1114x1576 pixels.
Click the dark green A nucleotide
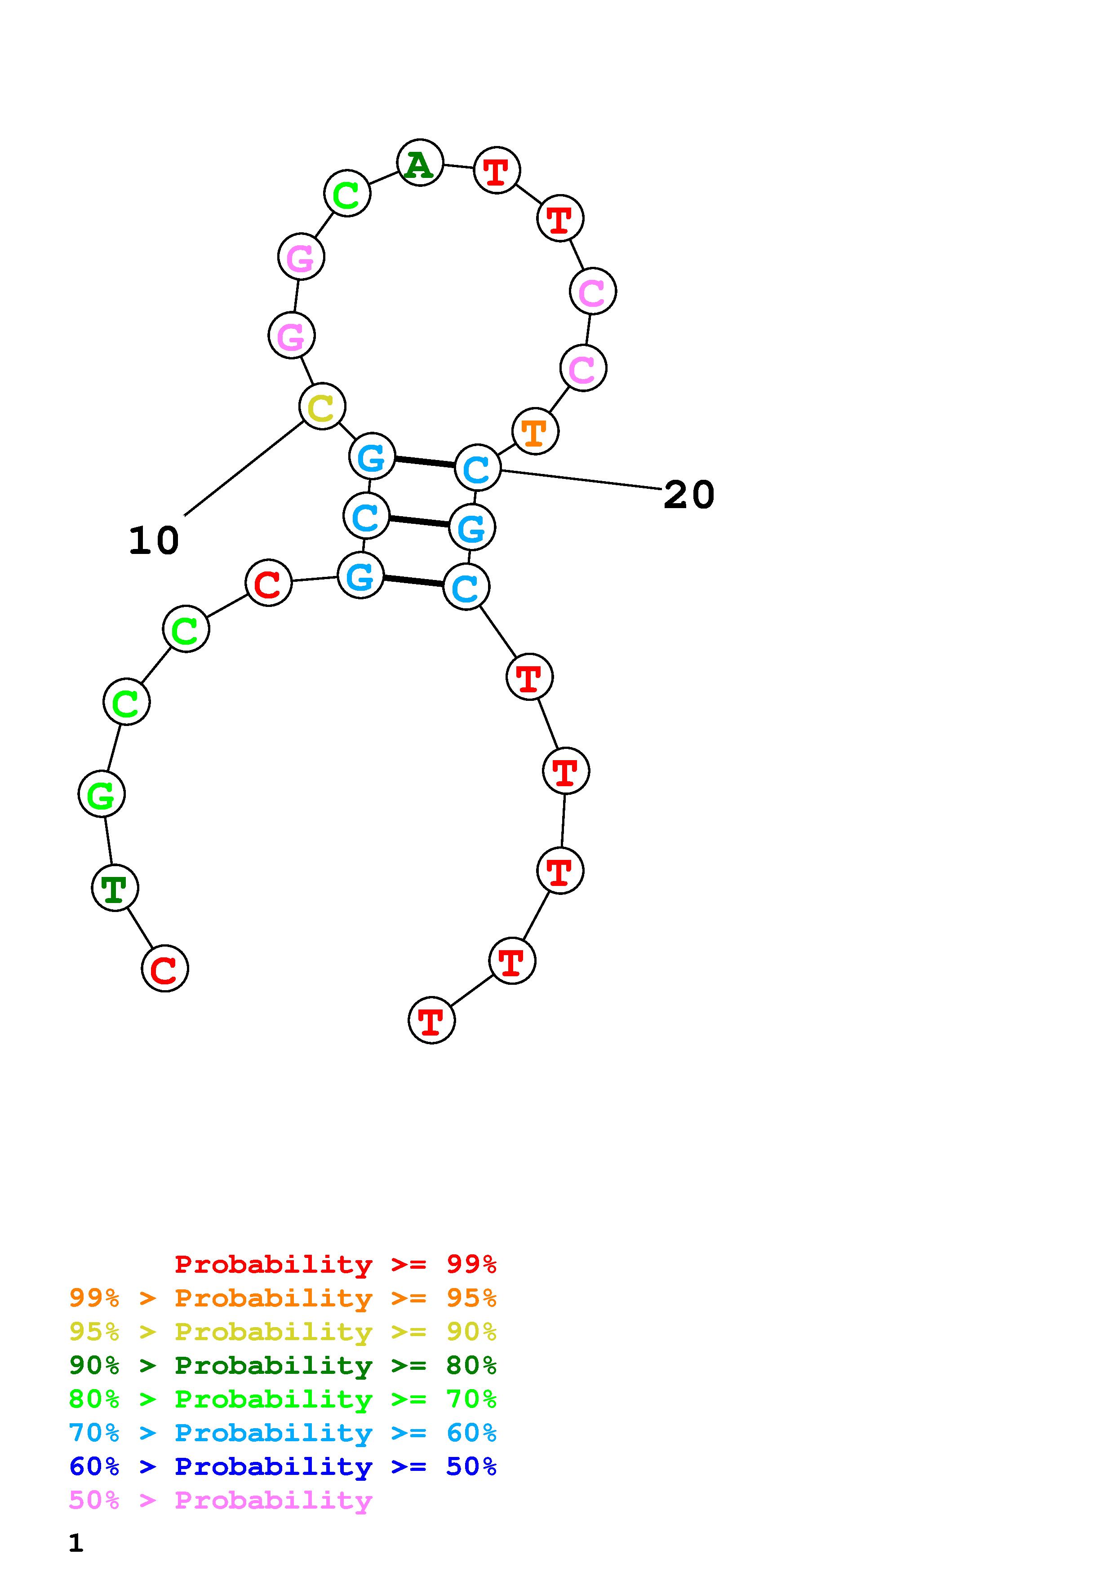(419, 163)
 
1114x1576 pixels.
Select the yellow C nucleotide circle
(322, 407)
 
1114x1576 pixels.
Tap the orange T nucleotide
(535, 432)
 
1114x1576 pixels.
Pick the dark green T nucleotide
(115, 888)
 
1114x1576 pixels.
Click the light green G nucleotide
(102, 795)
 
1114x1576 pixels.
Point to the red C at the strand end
(165, 969)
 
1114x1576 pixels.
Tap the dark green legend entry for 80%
(283, 1365)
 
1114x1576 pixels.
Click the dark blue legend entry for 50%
(283, 1466)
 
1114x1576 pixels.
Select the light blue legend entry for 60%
(283, 1433)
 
